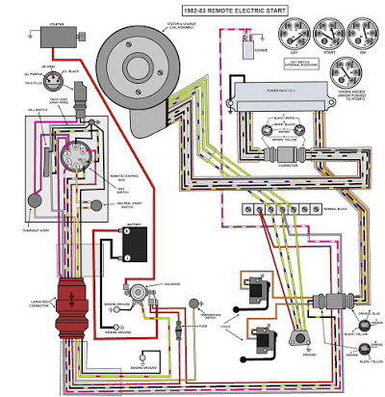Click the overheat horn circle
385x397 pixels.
point(37,199)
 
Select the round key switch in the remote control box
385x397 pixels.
point(75,159)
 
